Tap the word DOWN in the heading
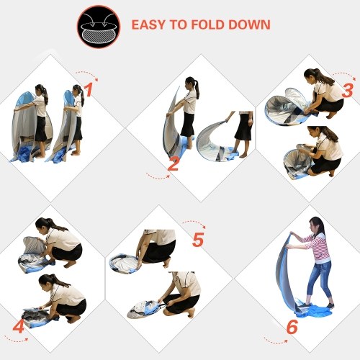[x=249, y=24]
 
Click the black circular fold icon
[x=99, y=27]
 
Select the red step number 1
[x=89, y=91]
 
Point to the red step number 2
[x=174, y=163]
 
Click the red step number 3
[x=348, y=91]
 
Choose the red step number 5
[x=198, y=240]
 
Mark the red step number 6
[x=292, y=327]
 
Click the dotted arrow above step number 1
[x=87, y=73]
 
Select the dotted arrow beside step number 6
[x=275, y=341]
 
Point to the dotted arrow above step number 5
[x=194, y=222]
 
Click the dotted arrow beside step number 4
[x=16, y=340]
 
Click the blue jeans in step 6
[x=320, y=283]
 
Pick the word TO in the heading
[x=178, y=24]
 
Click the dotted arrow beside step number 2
[x=158, y=177]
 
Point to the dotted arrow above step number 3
[x=344, y=75]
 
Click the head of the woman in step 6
[x=318, y=225]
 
